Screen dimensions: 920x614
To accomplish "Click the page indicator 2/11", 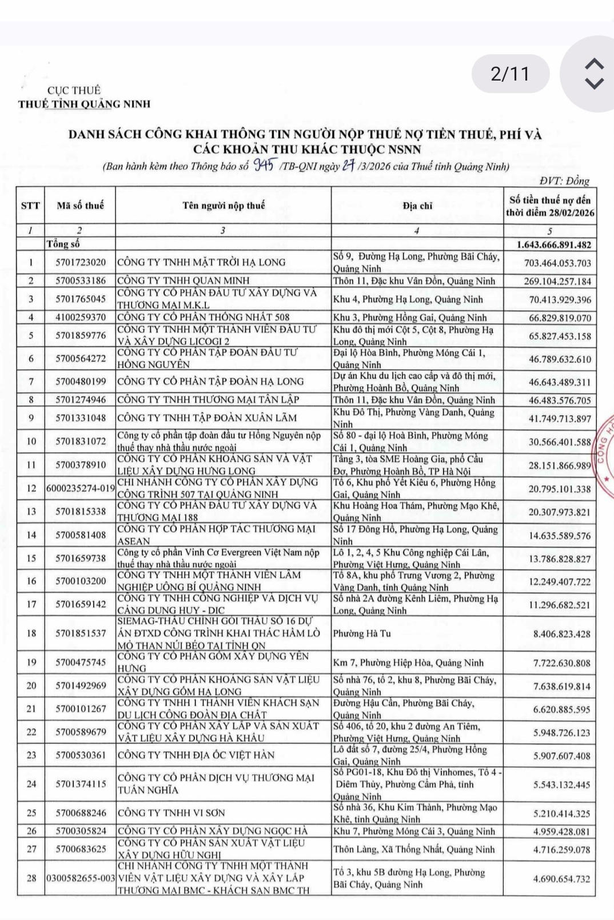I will click(x=510, y=74).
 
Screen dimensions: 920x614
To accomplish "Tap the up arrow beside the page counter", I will click(x=595, y=64).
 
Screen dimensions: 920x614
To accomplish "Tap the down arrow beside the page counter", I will click(x=595, y=83).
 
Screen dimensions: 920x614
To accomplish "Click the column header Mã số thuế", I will click(x=80, y=206).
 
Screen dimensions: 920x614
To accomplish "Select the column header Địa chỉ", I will click(x=417, y=206).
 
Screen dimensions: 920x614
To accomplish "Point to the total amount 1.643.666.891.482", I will click(x=553, y=244).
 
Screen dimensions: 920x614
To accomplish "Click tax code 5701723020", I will click(x=80, y=263).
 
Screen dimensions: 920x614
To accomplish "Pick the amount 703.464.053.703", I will click(x=557, y=263).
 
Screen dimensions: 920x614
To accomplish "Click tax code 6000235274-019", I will click(x=80, y=489).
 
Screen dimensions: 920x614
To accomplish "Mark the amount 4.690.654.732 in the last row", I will click(x=561, y=879).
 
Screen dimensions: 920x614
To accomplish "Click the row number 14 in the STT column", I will click(x=31, y=535).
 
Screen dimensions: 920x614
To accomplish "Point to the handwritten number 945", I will click(x=264, y=166).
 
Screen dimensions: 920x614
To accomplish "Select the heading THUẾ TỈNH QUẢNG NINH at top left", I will click(x=84, y=104).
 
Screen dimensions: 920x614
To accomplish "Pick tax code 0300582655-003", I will click(x=80, y=879).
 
